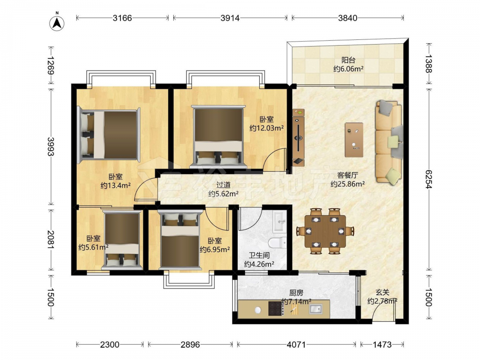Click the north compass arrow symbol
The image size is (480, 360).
pyautogui.click(x=56, y=23)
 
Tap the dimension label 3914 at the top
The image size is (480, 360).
pyautogui.click(x=230, y=18)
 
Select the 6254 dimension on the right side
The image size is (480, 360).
pyautogui.click(x=428, y=180)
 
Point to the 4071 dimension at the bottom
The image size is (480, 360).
pyautogui.click(x=296, y=345)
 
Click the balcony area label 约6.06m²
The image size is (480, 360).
pyautogui.click(x=348, y=69)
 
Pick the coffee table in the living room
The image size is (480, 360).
pyautogui.click(x=354, y=140)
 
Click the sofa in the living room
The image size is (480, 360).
pyautogui.click(x=389, y=143)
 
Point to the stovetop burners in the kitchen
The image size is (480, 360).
pyautogui.click(x=275, y=309)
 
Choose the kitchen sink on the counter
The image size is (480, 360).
pyautogui.click(x=316, y=309)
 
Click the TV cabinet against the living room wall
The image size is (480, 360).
pyautogui.click(x=299, y=137)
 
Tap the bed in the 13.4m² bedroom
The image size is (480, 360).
pyautogui.click(x=108, y=135)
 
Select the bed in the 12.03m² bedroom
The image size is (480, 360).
pyautogui.click(x=218, y=136)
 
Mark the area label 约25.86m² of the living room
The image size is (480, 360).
pyautogui.click(x=348, y=184)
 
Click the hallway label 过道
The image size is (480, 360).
pyautogui.click(x=224, y=185)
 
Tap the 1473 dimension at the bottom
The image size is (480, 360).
pyautogui.click(x=382, y=345)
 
